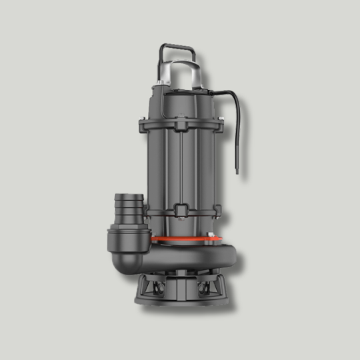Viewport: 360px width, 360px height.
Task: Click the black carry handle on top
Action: coord(177,49)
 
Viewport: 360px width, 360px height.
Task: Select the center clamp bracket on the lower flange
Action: coord(180,213)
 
